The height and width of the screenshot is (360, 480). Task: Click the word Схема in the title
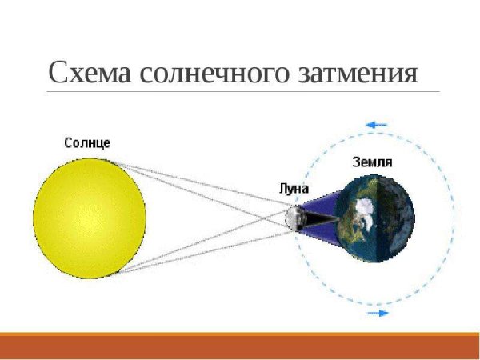pos(89,73)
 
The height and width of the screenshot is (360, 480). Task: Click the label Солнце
pos(87,142)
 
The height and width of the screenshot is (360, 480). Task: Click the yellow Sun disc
pos(90,217)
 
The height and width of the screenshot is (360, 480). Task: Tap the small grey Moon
pos(294,217)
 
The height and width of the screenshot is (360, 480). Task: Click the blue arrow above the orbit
pos(376,125)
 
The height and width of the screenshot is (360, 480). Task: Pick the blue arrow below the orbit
pos(378,313)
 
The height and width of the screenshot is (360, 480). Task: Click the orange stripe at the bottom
pos(240,334)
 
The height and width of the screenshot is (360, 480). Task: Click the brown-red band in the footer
pos(240,348)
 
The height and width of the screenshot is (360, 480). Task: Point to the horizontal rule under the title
pos(240,91)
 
